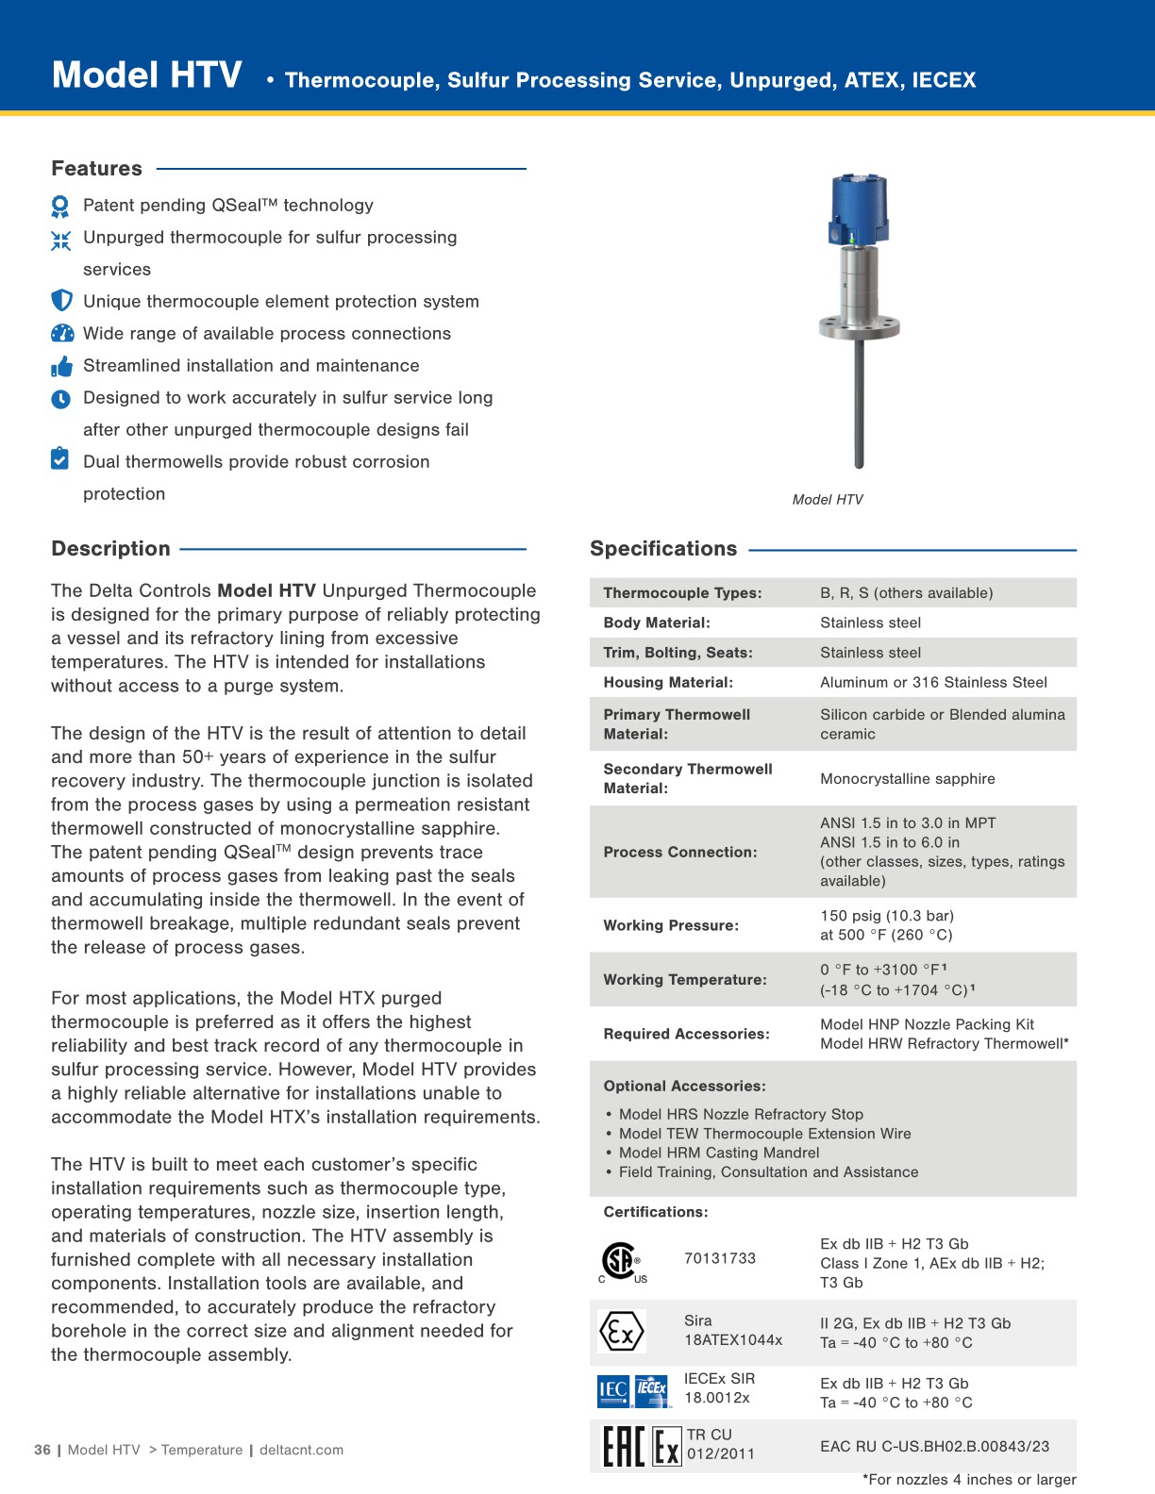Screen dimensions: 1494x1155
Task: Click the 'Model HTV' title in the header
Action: click(147, 75)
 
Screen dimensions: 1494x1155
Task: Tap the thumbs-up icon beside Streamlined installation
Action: click(61, 366)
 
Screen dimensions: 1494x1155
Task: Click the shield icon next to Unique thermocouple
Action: click(61, 301)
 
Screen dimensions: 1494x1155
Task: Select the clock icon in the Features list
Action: click(61, 399)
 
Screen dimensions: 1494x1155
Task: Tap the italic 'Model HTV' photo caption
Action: click(828, 500)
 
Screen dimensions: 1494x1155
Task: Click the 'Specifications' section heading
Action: click(663, 549)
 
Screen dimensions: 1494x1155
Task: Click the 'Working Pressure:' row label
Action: click(670, 925)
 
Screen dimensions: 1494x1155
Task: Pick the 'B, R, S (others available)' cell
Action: click(906, 593)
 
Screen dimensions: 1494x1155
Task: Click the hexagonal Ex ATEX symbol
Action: click(621, 1332)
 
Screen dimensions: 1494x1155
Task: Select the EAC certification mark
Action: click(624, 1447)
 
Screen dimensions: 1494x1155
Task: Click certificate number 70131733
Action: click(720, 1258)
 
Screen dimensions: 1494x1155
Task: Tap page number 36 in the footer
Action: click(42, 1451)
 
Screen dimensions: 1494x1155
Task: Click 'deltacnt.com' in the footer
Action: click(301, 1451)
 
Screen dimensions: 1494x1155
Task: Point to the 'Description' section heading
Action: click(110, 549)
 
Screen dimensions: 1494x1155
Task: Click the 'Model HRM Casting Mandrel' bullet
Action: click(718, 1153)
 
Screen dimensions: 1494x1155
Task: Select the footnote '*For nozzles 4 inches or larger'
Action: click(969, 1480)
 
